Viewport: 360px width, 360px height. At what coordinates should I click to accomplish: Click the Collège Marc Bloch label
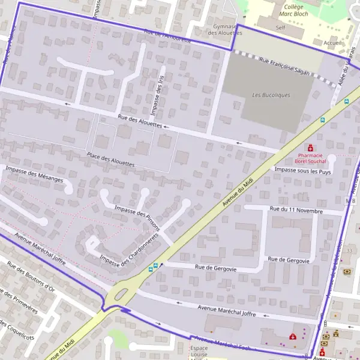point(293,10)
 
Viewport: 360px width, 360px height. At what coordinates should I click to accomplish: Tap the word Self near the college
point(280,28)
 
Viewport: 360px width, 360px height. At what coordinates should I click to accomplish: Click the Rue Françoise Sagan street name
point(285,66)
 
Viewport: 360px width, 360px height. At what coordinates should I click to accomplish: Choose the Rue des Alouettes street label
point(140,121)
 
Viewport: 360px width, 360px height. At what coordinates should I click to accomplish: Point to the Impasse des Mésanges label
point(34,175)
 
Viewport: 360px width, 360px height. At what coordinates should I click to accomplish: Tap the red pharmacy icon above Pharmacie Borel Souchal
point(310,148)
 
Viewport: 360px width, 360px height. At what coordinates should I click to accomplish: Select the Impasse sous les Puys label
point(302,172)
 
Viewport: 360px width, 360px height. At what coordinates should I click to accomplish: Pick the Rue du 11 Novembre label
point(296,211)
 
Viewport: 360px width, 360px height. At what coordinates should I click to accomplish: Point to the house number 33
point(349,250)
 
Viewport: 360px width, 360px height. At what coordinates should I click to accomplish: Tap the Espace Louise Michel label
point(199,352)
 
